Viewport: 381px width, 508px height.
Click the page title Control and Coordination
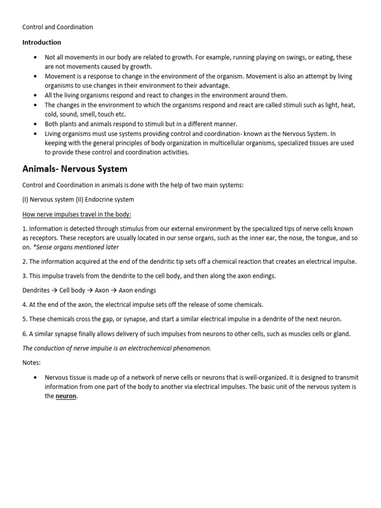coord(58,27)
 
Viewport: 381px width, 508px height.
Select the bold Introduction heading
coord(42,42)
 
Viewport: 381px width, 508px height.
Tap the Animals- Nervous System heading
coord(75,169)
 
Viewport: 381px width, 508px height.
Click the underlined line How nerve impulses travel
coord(76,214)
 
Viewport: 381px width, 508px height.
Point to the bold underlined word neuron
coord(65,396)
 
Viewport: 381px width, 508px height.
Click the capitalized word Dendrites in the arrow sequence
coord(36,290)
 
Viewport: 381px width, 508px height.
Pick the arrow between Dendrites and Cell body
coord(55,290)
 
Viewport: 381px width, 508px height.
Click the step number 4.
coord(25,305)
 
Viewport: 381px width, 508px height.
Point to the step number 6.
coord(25,334)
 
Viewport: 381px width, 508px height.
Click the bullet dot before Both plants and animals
coord(35,124)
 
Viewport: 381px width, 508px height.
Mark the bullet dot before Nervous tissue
coord(35,377)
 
